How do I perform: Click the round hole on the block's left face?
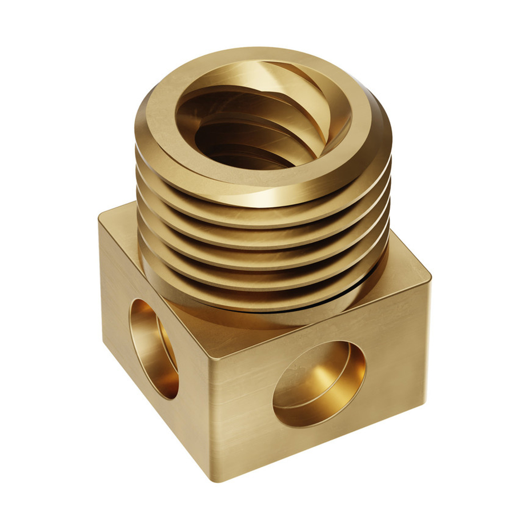pyautogui.click(x=153, y=346)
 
